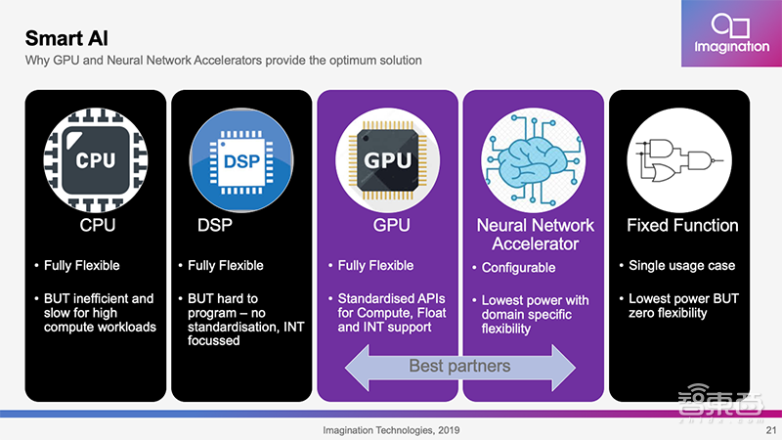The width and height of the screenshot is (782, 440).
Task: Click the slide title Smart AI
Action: click(x=67, y=39)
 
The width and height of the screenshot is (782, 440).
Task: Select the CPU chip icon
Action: click(x=96, y=159)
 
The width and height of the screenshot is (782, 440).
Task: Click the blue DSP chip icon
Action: click(x=240, y=159)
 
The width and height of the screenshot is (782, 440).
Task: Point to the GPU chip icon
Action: click(x=386, y=159)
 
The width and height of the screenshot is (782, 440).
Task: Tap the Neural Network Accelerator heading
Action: click(x=535, y=235)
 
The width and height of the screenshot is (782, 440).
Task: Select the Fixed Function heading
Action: click(x=681, y=226)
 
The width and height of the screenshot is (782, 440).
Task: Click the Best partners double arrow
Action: click(x=458, y=368)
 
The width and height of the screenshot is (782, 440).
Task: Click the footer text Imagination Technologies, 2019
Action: click(x=391, y=430)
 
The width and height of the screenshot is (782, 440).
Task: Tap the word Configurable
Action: click(x=518, y=268)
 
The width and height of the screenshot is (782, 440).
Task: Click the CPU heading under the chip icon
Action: click(x=96, y=226)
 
